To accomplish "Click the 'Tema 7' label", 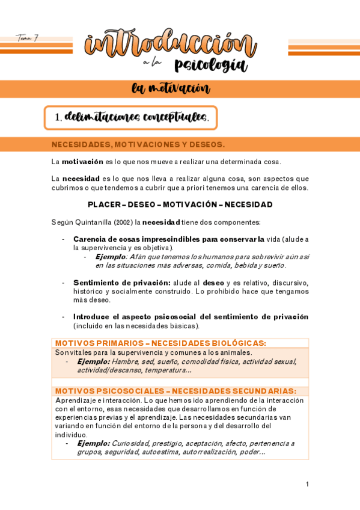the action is point(27,38).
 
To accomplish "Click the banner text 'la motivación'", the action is point(171,89).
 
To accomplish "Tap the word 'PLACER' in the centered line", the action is point(103,204).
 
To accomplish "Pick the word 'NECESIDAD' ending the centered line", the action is point(249,204).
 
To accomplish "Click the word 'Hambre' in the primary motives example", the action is point(125,361).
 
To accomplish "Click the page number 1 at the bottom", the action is point(307,484).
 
